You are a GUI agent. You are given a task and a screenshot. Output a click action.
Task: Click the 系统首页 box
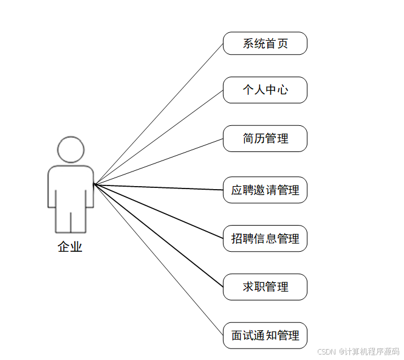(x=265, y=43)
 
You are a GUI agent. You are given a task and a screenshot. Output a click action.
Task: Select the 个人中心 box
(x=265, y=90)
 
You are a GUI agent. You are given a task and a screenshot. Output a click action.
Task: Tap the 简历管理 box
(x=265, y=139)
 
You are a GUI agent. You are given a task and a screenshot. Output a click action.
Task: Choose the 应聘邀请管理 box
(x=265, y=190)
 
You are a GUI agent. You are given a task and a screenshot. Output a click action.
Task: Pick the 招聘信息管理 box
(x=265, y=238)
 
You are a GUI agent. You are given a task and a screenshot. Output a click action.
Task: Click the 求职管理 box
(x=265, y=287)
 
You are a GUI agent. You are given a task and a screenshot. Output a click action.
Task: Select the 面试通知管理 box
(x=265, y=336)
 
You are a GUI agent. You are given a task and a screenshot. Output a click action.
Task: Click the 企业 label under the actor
(x=70, y=247)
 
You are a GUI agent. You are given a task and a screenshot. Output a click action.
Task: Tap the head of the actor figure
(x=70, y=150)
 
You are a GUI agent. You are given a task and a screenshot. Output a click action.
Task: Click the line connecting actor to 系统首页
(x=158, y=114)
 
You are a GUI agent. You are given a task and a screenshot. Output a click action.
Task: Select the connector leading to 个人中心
(x=158, y=137)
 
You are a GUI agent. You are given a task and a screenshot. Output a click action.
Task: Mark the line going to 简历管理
(x=158, y=161)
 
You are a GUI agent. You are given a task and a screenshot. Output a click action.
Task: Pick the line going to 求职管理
(x=158, y=235)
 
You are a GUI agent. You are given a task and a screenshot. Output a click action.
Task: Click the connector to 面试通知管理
(x=158, y=259)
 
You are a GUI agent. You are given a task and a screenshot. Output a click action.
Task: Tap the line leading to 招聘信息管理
(x=158, y=210)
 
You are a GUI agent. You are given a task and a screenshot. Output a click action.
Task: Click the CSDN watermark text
(x=358, y=351)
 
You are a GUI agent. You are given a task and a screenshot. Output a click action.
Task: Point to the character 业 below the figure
(x=76, y=247)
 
